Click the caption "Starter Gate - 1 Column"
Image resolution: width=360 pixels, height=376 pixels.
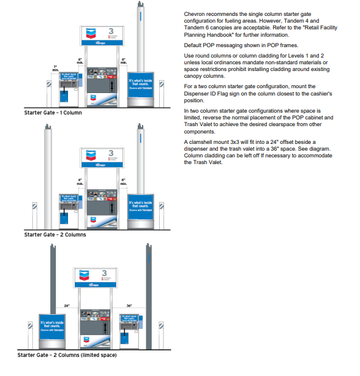pos(53,113)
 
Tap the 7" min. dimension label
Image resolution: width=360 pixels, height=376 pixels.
pos(56,68)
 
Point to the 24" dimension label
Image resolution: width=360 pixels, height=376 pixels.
pos(67,305)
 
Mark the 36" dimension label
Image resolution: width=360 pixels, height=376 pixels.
pos(129,305)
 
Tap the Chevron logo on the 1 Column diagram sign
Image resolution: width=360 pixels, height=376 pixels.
pos(91,32)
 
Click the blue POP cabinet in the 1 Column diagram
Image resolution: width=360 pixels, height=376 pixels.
pos(140,89)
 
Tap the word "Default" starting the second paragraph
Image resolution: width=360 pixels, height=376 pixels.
pos(194,45)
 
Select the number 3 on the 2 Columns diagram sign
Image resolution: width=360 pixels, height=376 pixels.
pos(111,152)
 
